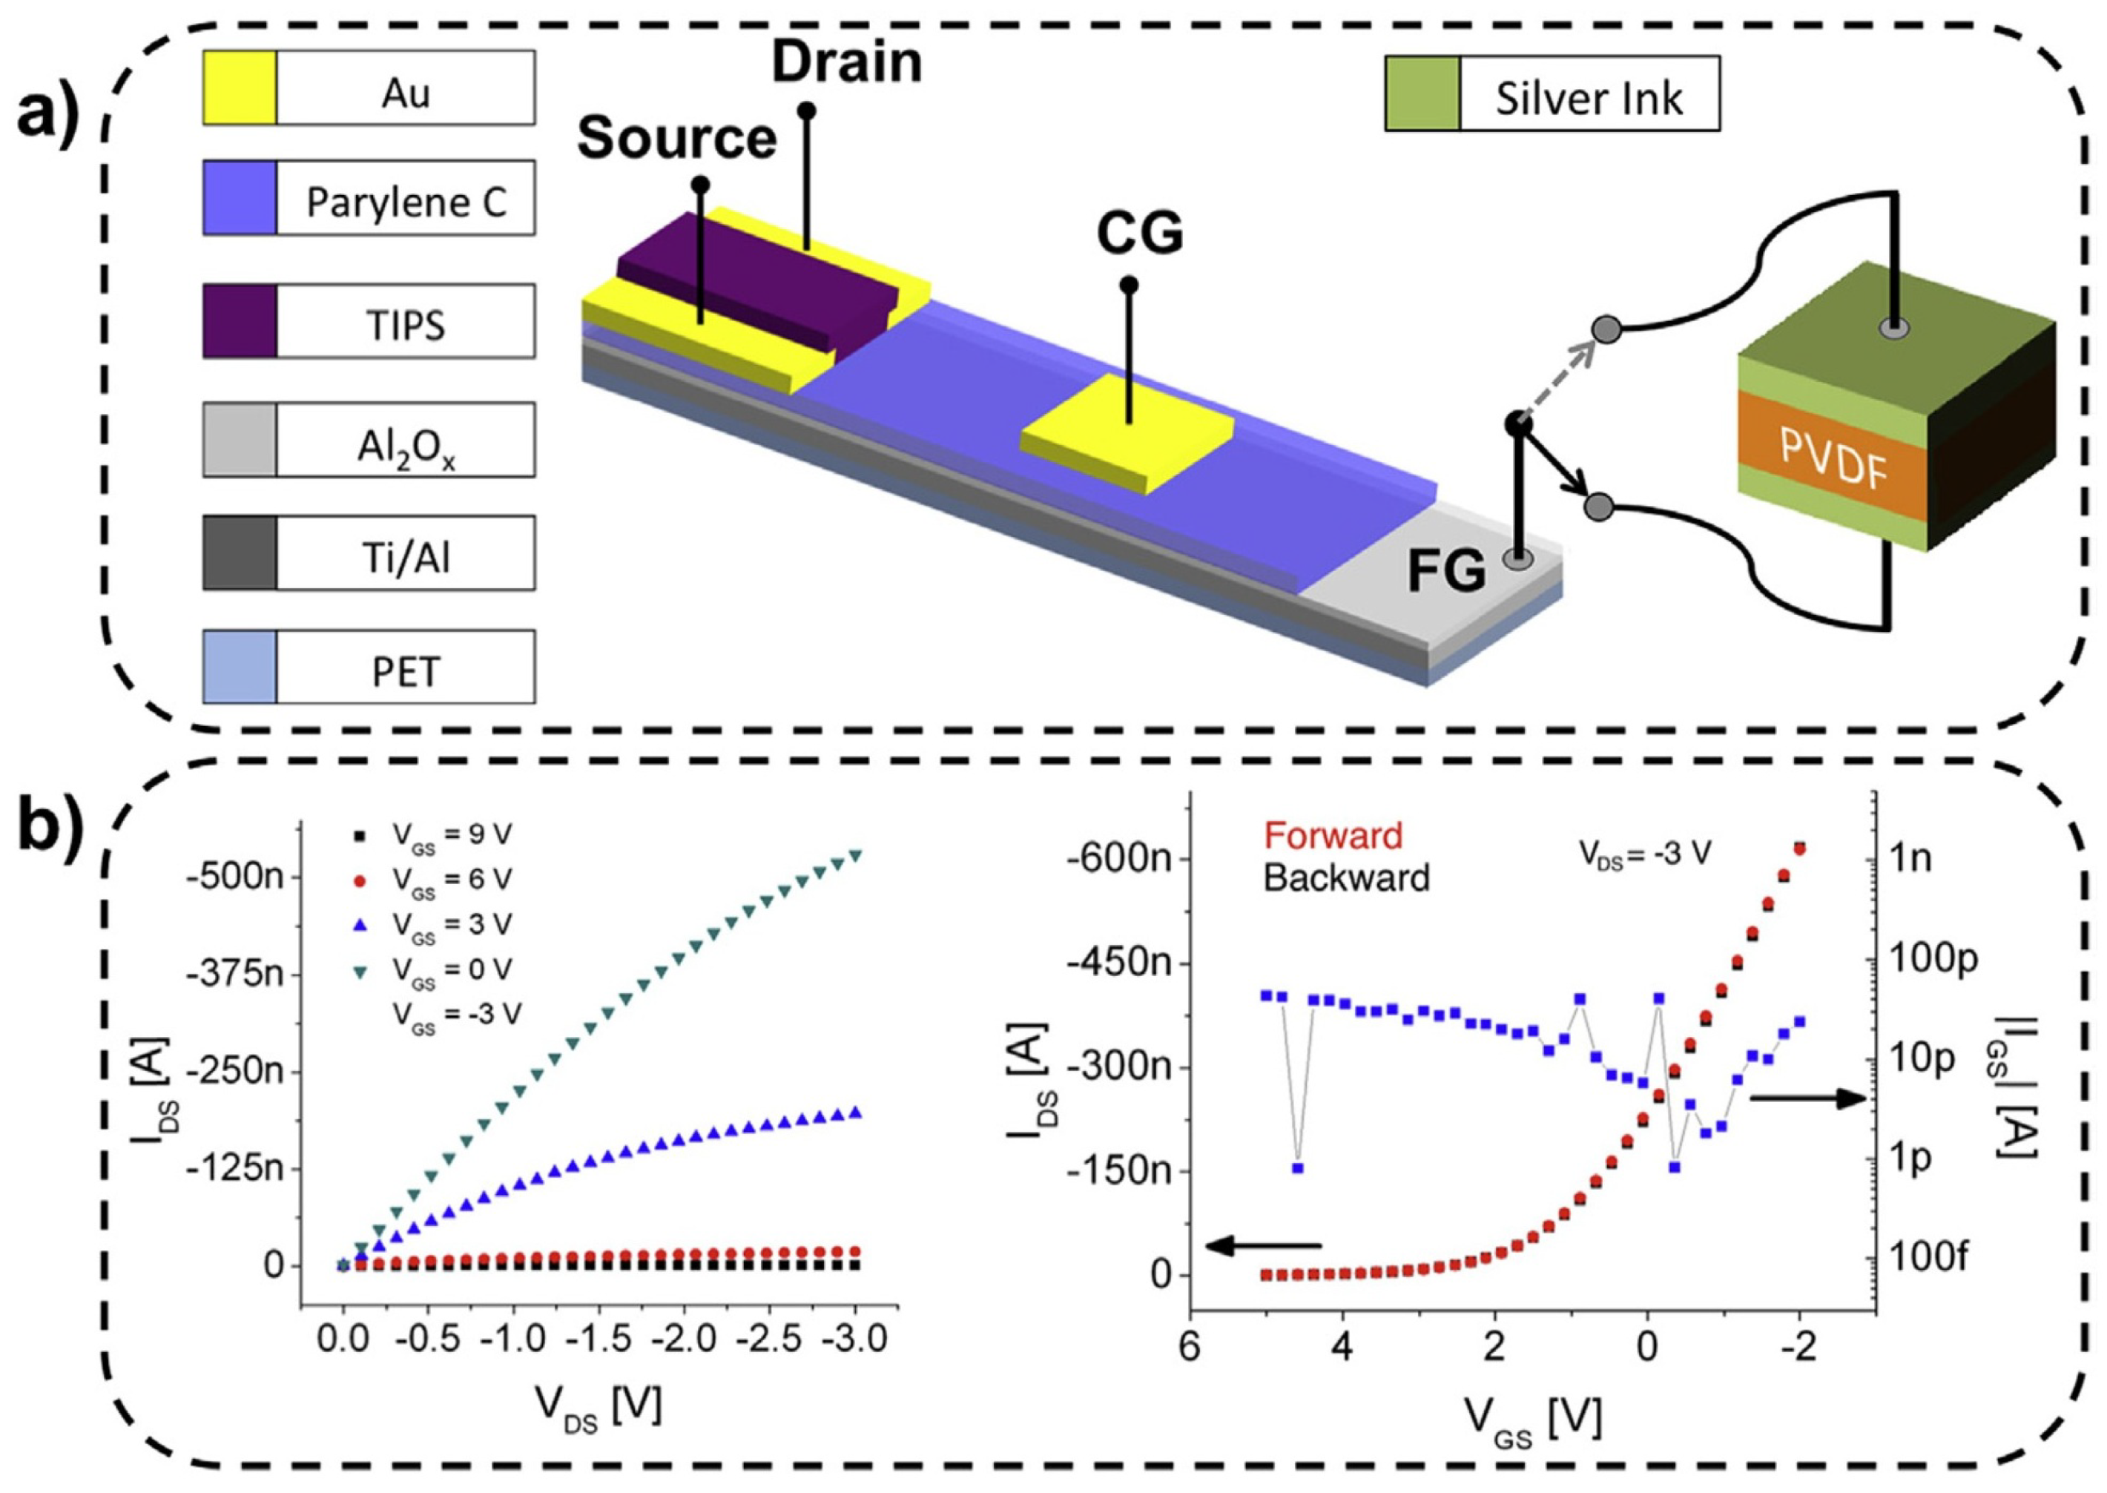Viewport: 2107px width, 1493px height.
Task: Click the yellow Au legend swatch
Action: point(239,88)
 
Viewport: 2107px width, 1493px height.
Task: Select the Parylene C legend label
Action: point(406,201)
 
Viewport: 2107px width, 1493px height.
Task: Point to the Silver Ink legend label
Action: point(1588,97)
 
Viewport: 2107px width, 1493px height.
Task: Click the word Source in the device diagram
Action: point(676,139)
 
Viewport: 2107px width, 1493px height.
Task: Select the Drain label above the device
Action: point(845,62)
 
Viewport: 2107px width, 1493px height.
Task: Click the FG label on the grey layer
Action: point(1446,571)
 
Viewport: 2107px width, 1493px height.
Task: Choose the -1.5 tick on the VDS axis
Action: point(599,1339)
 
